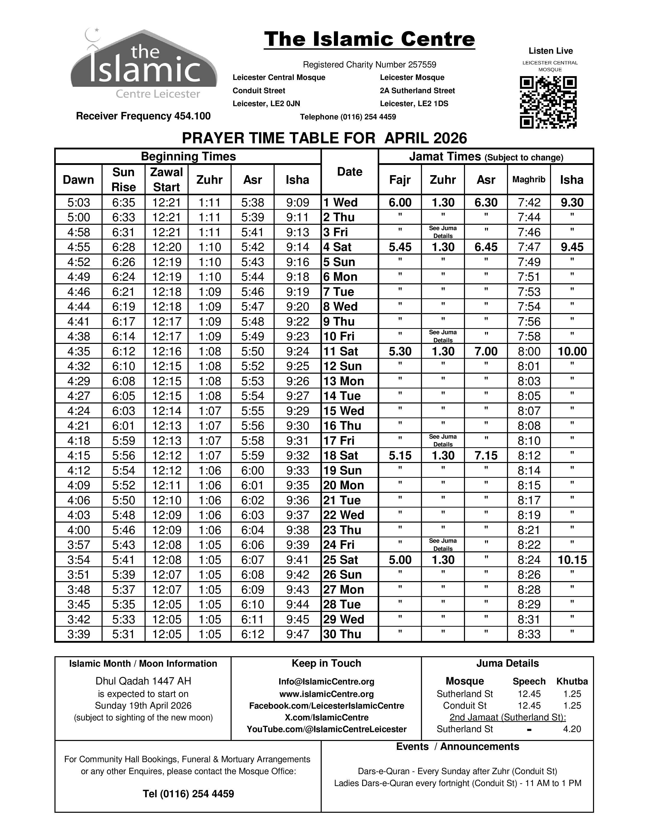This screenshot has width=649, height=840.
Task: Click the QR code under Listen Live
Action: pyautogui.click(x=548, y=102)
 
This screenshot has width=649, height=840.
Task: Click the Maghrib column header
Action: pyautogui.click(x=529, y=179)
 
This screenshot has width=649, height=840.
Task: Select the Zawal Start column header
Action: pyautogui.click(x=166, y=179)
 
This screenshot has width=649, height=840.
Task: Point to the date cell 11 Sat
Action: pyautogui.click(x=341, y=351)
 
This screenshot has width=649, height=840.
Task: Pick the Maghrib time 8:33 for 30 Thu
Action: pyautogui.click(x=529, y=634)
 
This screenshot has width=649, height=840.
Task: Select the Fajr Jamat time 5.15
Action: pyautogui.click(x=400, y=455)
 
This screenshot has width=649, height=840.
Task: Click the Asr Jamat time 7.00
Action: pyautogui.click(x=486, y=351)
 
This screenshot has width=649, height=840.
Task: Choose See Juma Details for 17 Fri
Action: pyautogui.click(x=443, y=440)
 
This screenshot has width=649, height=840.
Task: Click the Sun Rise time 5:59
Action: pyautogui.click(x=123, y=440)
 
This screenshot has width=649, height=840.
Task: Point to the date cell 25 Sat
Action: pyautogui.click(x=341, y=559)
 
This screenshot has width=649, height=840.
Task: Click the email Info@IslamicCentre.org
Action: pyautogui.click(x=327, y=681)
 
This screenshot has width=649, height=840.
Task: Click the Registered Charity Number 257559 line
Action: pyautogui.click(x=370, y=65)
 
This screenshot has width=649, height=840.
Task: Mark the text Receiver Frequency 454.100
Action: pyautogui.click(x=143, y=116)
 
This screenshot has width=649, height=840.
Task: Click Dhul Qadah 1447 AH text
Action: pyautogui.click(x=143, y=681)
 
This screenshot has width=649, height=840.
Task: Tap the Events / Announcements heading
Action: pyautogui.click(x=458, y=747)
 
